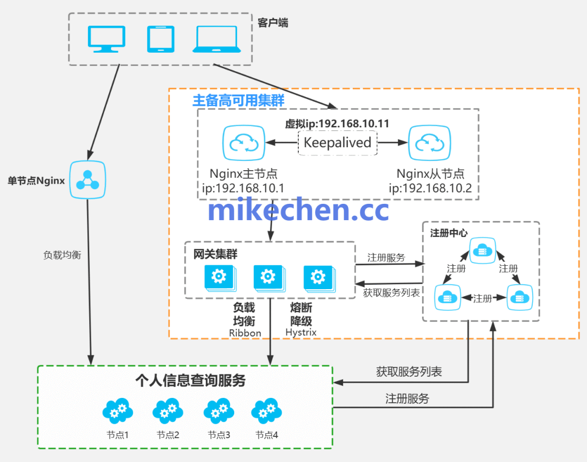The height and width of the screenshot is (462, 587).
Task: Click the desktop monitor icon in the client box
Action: (x=106, y=39)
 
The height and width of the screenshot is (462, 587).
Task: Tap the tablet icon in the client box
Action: (x=161, y=39)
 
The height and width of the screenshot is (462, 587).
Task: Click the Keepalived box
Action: (x=337, y=143)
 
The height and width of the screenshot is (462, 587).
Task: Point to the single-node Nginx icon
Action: (x=87, y=180)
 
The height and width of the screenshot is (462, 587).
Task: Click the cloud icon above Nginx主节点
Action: (x=243, y=143)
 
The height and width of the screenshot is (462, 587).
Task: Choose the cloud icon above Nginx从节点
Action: (x=430, y=143)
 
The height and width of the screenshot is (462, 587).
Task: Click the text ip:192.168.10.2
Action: (x=430, y=188)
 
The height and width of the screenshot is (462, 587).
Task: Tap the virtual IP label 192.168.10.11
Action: (x=337, y=123)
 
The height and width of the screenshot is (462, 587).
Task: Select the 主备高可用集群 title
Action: (x=239, y=101)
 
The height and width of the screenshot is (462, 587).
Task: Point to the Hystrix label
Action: (x=301, y=332)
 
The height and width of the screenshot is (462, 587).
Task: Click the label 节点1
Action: (x=117, y=435)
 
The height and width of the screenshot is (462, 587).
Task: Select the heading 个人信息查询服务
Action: (x=190, y=380)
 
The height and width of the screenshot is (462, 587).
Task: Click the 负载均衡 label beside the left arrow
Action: (x=62, y=254)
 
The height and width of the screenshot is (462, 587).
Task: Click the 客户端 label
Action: (x=273, y=23)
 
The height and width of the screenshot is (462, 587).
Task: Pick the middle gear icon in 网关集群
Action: (x=268, y=277)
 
